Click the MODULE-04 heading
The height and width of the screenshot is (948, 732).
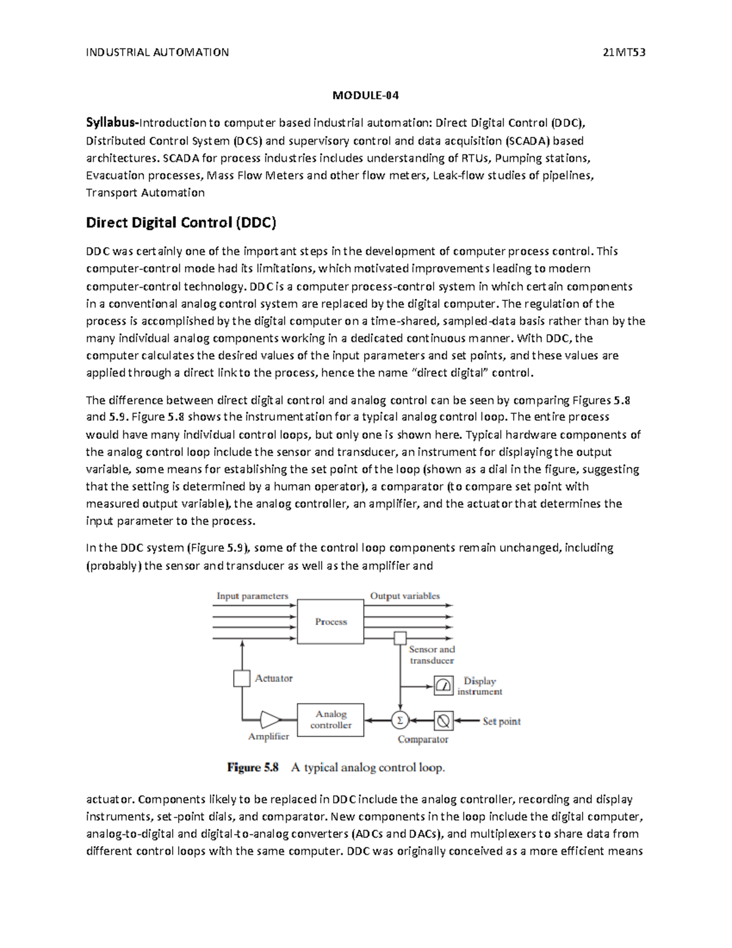(365, 95)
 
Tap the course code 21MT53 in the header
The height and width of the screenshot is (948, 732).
(623, 52)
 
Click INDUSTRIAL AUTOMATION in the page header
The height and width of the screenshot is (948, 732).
(157, 52)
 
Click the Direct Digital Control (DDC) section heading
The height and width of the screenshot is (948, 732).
(181, 223)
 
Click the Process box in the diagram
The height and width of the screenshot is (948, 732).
(331, 621)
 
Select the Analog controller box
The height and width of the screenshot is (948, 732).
(331, 720)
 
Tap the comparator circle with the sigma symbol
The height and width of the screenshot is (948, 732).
(400, 721)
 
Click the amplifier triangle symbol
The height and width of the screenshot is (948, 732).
(269, 720)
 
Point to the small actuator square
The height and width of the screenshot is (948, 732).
(242, 678)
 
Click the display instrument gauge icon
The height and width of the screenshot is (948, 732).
(443, 686)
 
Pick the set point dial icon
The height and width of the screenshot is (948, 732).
(443, 721)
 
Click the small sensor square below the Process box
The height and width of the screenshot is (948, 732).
(400, 639)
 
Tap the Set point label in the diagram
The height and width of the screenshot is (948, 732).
(501, 722)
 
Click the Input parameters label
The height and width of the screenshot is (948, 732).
(253, 596)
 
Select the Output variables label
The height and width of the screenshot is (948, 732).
(405, 596)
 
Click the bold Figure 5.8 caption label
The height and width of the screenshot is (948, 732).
(253, 768)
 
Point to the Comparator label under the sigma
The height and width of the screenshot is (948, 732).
(423, 740)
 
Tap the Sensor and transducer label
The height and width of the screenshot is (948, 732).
(432, 655)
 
